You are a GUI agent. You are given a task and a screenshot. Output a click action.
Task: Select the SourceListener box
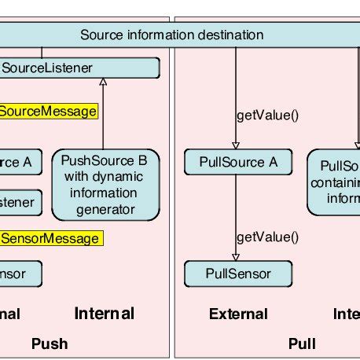click(79, 68)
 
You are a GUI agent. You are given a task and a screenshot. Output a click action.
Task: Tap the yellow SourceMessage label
click(48, 112)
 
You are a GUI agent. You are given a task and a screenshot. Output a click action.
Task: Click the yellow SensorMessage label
click(50, 237)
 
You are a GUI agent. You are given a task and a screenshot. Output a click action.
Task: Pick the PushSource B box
click(105, 185)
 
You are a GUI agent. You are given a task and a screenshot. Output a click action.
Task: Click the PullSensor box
click(237, 274)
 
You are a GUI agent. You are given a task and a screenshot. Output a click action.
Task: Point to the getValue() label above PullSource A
click(268, 116)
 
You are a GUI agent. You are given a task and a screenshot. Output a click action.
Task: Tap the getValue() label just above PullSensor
click(268, 237)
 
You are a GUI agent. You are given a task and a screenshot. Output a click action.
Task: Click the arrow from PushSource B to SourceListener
click(104, 118)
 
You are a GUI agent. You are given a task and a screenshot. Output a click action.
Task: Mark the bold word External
click(238, 314)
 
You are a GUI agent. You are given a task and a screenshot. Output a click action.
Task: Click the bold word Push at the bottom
click(50, 343)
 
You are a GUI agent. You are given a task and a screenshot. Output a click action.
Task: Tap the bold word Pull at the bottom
click(302, 343)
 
